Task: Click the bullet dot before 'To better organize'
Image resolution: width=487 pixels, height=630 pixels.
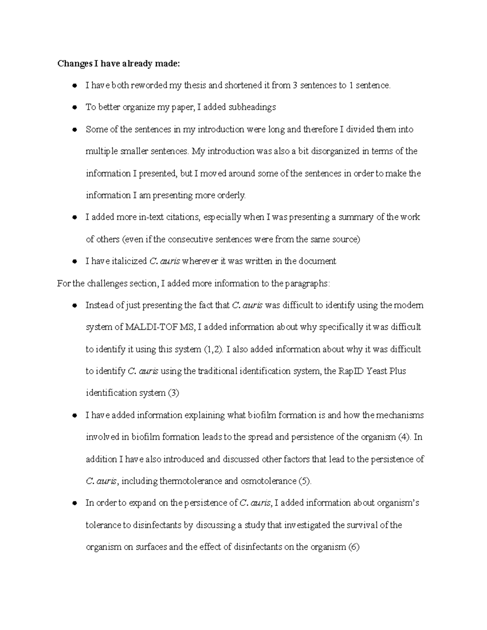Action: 74,108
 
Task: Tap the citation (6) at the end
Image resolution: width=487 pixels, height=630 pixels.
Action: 354,547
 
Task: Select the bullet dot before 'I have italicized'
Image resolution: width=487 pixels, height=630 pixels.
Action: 74,262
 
